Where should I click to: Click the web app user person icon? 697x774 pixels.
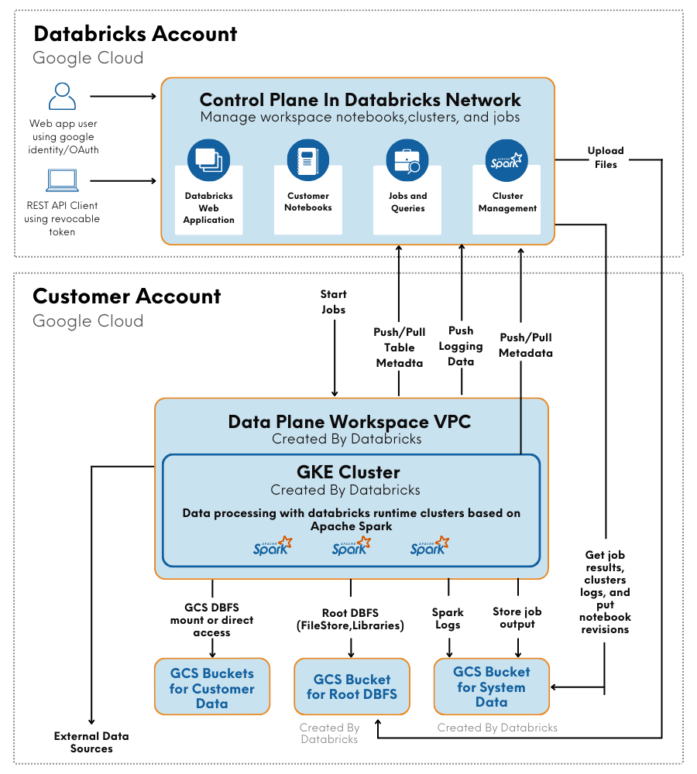[x=63, y=97]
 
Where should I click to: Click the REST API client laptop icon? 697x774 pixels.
[x=63, y=181]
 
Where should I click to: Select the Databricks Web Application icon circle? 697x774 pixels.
[x=208, y=159]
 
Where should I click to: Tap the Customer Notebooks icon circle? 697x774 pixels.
[x=308, y=159]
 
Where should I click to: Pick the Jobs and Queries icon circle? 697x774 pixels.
[x=407, y=160]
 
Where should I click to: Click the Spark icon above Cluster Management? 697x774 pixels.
[x=506, y=160]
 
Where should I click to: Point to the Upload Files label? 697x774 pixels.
[x=606, y=157]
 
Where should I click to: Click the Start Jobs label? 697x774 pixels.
[x=334, y=302]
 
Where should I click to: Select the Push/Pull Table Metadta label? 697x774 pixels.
[x=400, y=348]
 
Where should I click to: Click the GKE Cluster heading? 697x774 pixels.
[x=348, y=472]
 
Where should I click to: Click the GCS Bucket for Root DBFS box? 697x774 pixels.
[x=352, y=687]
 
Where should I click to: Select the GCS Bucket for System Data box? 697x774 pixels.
[x=492, y=687]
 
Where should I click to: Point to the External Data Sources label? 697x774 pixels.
[x=91, y=742]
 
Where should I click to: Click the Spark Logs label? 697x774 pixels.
[x=448, y=618]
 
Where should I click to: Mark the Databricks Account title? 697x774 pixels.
[x=136, y=34]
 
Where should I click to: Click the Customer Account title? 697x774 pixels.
[x=127, y=296]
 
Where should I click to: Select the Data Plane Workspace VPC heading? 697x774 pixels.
[x=349, y=422]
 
